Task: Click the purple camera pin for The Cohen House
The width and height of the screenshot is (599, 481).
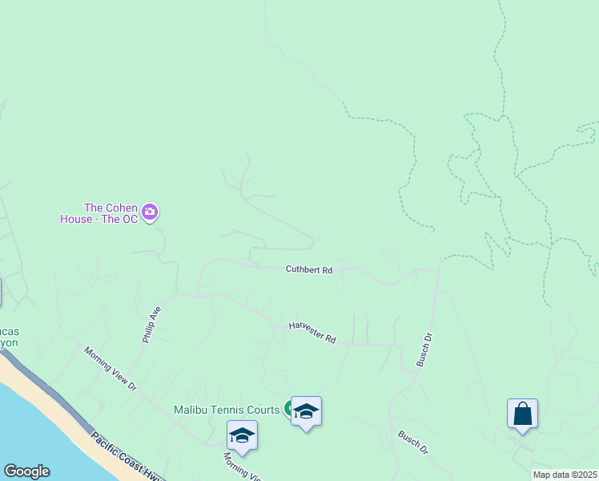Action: click(x=150, y=212)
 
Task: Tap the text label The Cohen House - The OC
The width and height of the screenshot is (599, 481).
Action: click(x=98, y=212)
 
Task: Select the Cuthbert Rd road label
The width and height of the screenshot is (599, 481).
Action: click(x=308, y=270)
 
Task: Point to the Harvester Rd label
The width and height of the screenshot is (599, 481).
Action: click(x=312, y=331)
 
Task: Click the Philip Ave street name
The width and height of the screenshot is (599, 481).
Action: click(x=151, y=325)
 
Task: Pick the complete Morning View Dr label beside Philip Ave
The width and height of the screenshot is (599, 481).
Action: click(x=111, y=369)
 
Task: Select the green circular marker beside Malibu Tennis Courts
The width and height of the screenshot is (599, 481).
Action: click(x=287, y=409)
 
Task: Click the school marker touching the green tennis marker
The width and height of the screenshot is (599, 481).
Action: click(x=306, y=411)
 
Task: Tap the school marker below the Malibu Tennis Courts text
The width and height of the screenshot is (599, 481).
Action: click(x=242, y=435)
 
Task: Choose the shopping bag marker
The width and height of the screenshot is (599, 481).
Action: click(x=522, y=414)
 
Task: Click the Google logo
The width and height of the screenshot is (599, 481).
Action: click(x=26, y=471)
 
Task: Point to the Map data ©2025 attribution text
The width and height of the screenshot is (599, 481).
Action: click(x=565, y=475)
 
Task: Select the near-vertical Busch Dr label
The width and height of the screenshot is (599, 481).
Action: click(x=424, y=350)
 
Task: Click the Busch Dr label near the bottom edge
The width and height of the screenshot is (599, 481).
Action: click(x=413, y=443)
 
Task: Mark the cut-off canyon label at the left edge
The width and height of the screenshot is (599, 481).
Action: click(x=10, y=337)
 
